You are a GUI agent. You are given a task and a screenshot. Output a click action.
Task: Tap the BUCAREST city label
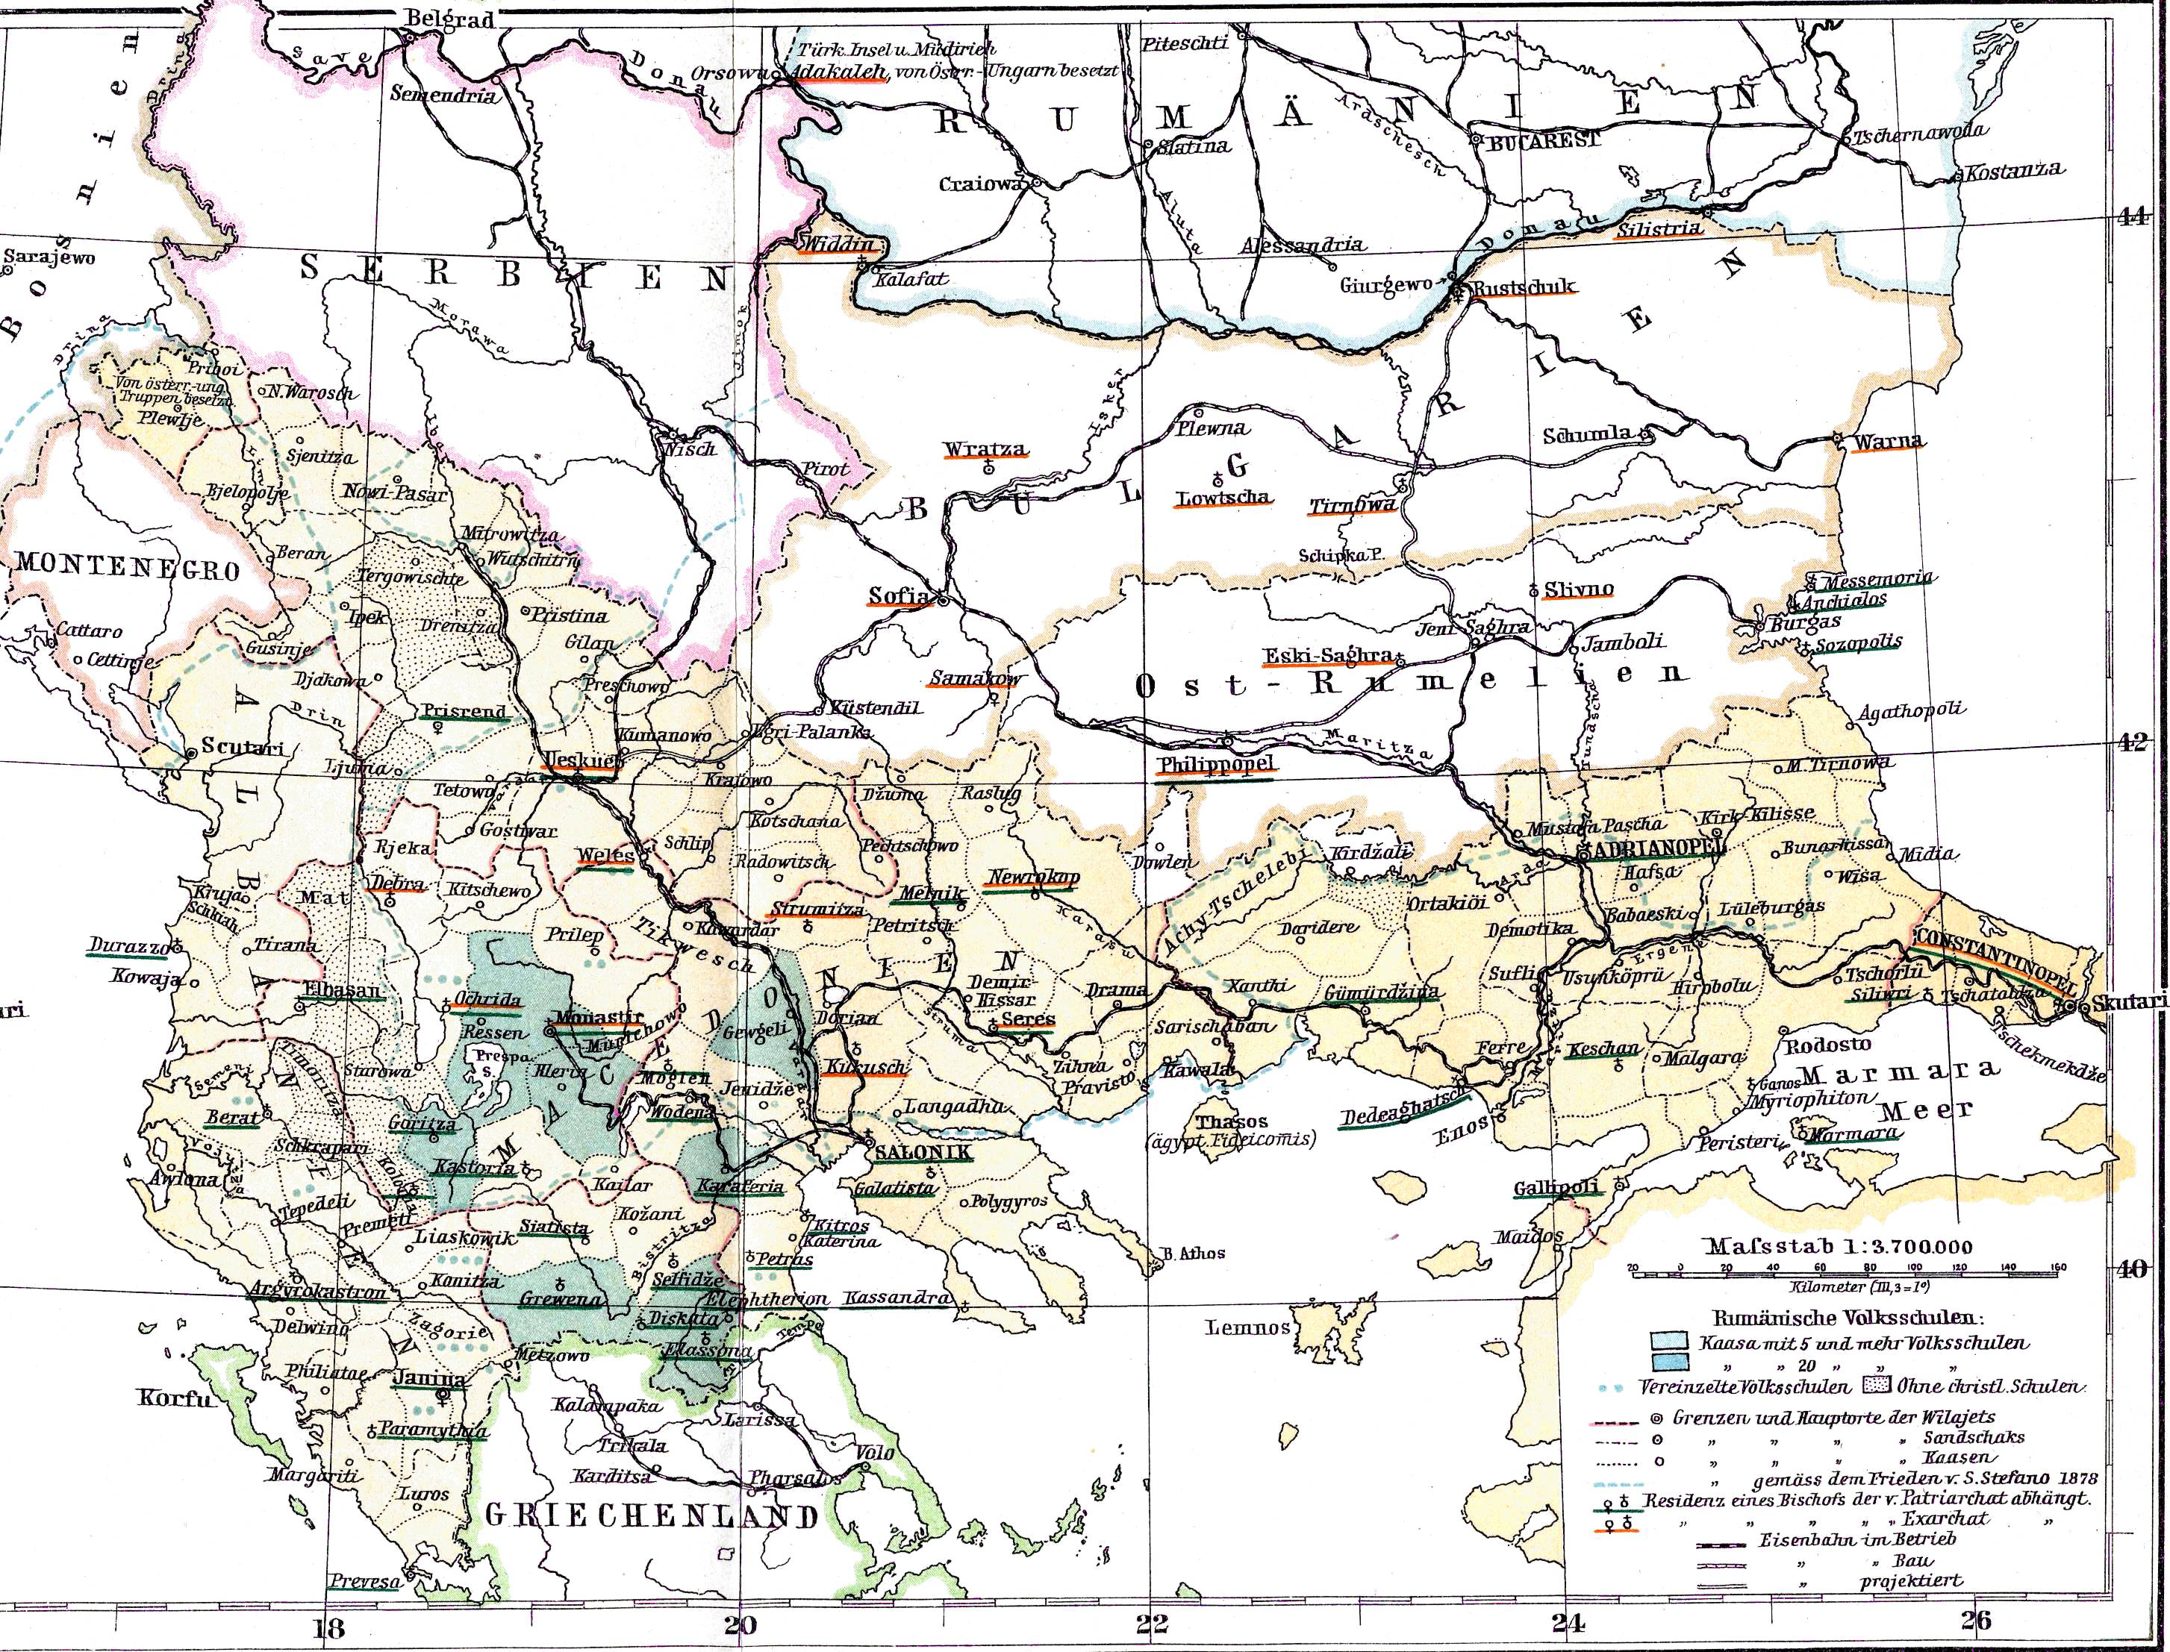pyautogui.click(x=1544, y=140)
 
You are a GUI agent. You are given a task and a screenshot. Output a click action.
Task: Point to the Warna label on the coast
pyautogui.click(x=1886, y=442)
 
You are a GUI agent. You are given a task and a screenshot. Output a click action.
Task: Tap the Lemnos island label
pyautogui.click(x=1247, y=1327)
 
